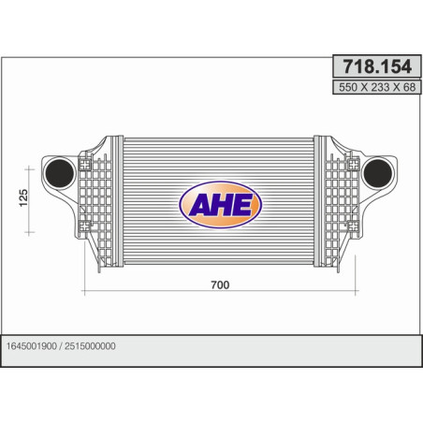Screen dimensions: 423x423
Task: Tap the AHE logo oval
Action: tap(220, 205)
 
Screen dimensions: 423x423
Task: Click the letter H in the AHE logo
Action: tap(220, 206)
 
